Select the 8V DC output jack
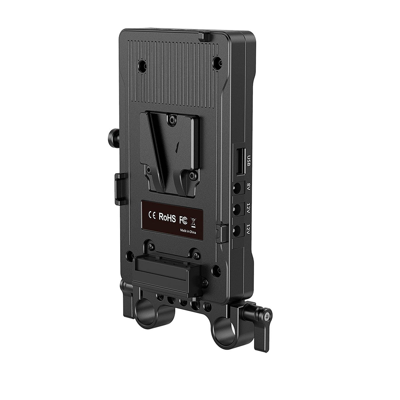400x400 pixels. (x=238, y=189)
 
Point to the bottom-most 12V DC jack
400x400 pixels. (x=238, y=230)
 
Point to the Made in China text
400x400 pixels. (x=189, y=230)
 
